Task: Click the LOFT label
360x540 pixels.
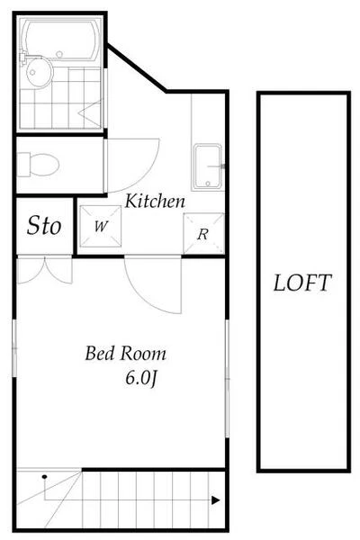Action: tap(302, 283)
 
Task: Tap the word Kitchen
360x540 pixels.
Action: tap(155, 201)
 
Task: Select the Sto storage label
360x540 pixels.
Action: tap(44, 226)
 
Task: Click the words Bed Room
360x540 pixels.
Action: tap(126, 354)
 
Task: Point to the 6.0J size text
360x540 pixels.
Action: tap(141, 378)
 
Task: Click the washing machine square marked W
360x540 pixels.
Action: tap(101, 226)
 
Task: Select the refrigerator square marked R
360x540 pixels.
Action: tap(204, 234)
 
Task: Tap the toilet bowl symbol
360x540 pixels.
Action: tap(38, 165)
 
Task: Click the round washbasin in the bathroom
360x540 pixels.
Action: tap(39, 72)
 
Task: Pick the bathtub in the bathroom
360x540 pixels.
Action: tap(60, 40)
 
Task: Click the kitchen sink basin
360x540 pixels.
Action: tap(207, 167)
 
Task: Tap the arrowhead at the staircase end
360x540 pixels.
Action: tap(216, 500)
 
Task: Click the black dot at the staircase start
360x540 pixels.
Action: tap(44, 477)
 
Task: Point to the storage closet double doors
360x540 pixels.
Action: tap(45, 270)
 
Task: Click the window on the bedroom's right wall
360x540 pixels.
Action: tap(227, 379)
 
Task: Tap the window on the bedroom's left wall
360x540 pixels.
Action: tap(14, 347)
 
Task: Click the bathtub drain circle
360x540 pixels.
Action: tap(59, 54)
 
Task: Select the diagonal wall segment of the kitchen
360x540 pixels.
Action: tap(137, 67)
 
